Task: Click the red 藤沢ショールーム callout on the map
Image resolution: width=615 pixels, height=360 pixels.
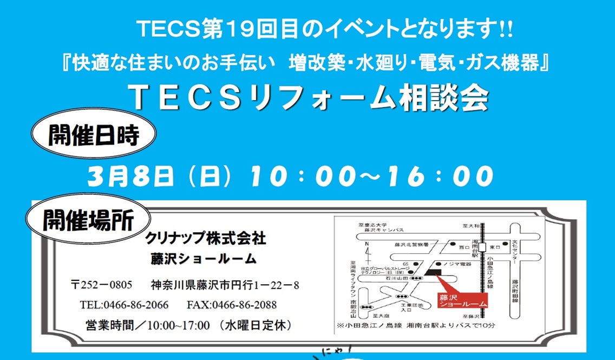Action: (460, 300)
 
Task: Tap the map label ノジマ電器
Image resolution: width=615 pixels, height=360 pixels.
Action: (458, 264)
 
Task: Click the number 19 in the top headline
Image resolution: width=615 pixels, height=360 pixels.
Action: (218, 30)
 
